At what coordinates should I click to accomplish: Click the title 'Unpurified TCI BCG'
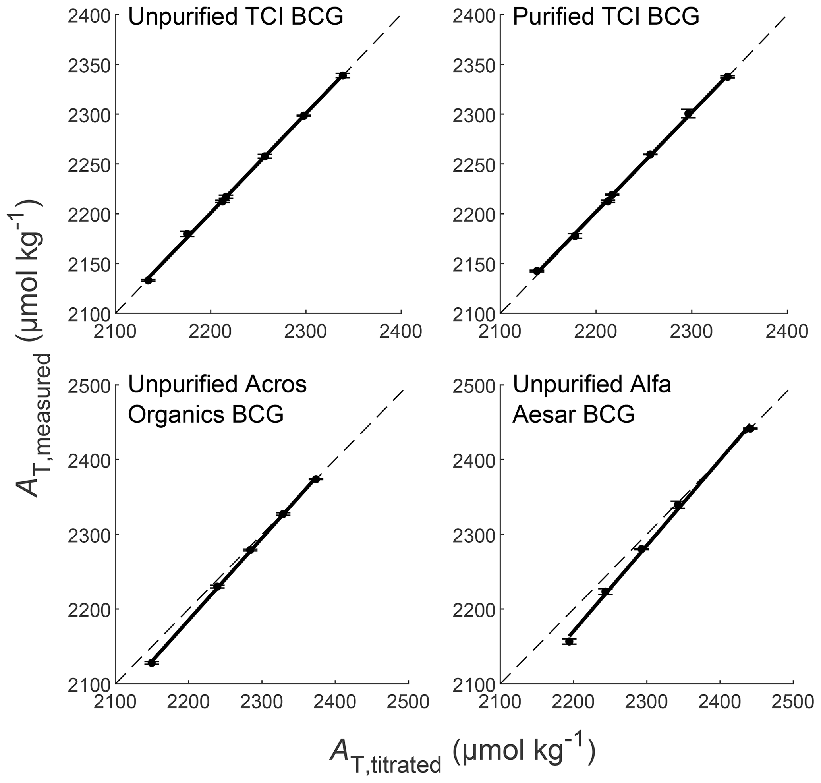point(236,17)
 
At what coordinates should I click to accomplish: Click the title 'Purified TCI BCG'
point(606,17)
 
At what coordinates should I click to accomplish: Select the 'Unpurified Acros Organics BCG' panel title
point(217,399)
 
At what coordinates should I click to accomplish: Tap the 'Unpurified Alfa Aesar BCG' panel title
point(591,399)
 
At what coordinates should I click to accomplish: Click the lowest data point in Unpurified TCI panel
point(148,280)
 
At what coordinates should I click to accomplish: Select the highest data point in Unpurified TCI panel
point(343,75)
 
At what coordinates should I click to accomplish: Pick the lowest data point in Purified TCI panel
point(537,271)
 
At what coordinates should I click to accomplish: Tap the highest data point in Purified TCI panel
point(728,77)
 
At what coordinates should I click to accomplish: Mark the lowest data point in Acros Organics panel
point(152,663)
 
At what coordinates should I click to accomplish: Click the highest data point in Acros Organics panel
point(316,479)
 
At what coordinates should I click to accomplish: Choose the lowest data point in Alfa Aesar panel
point(569,642)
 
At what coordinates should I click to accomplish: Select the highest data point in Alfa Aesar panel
point(750,429)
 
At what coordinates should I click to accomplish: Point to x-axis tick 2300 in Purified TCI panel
point(692,331)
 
